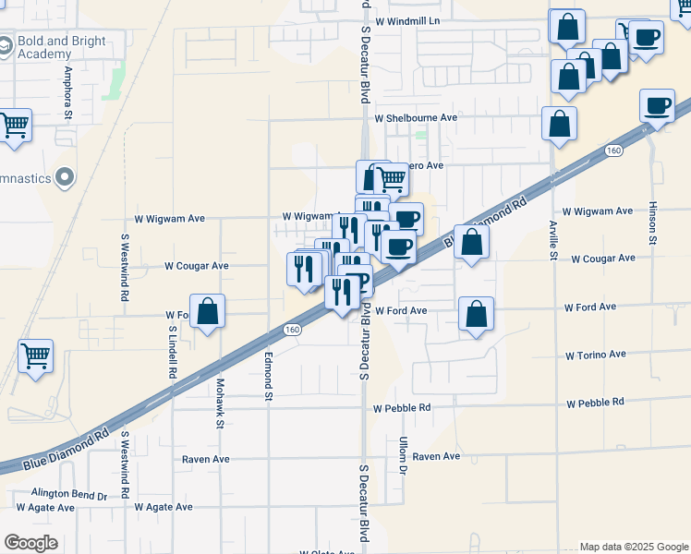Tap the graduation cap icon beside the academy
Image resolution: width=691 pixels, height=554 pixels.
coord(6,44)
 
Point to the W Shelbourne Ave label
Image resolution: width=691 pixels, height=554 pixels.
coord(416,118)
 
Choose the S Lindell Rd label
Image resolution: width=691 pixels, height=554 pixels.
coord(173,352)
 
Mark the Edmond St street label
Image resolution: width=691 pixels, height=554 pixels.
coord(269,377)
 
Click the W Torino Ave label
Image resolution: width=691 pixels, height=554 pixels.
coord(596,355)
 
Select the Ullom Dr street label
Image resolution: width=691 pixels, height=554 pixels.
coord(403,457)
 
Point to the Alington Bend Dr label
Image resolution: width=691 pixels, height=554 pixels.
coord(69,495)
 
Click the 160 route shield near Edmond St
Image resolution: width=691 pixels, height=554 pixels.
coord(292,330)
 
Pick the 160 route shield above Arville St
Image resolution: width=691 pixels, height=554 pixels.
coord(614,150)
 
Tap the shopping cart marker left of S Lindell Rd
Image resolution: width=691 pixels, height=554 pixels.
coord(35,354)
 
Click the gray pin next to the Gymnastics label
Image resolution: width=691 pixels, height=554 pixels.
coord(65,176)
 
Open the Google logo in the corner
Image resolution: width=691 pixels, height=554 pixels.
coord(30,543)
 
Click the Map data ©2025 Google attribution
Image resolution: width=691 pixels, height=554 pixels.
coord(633,547)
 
